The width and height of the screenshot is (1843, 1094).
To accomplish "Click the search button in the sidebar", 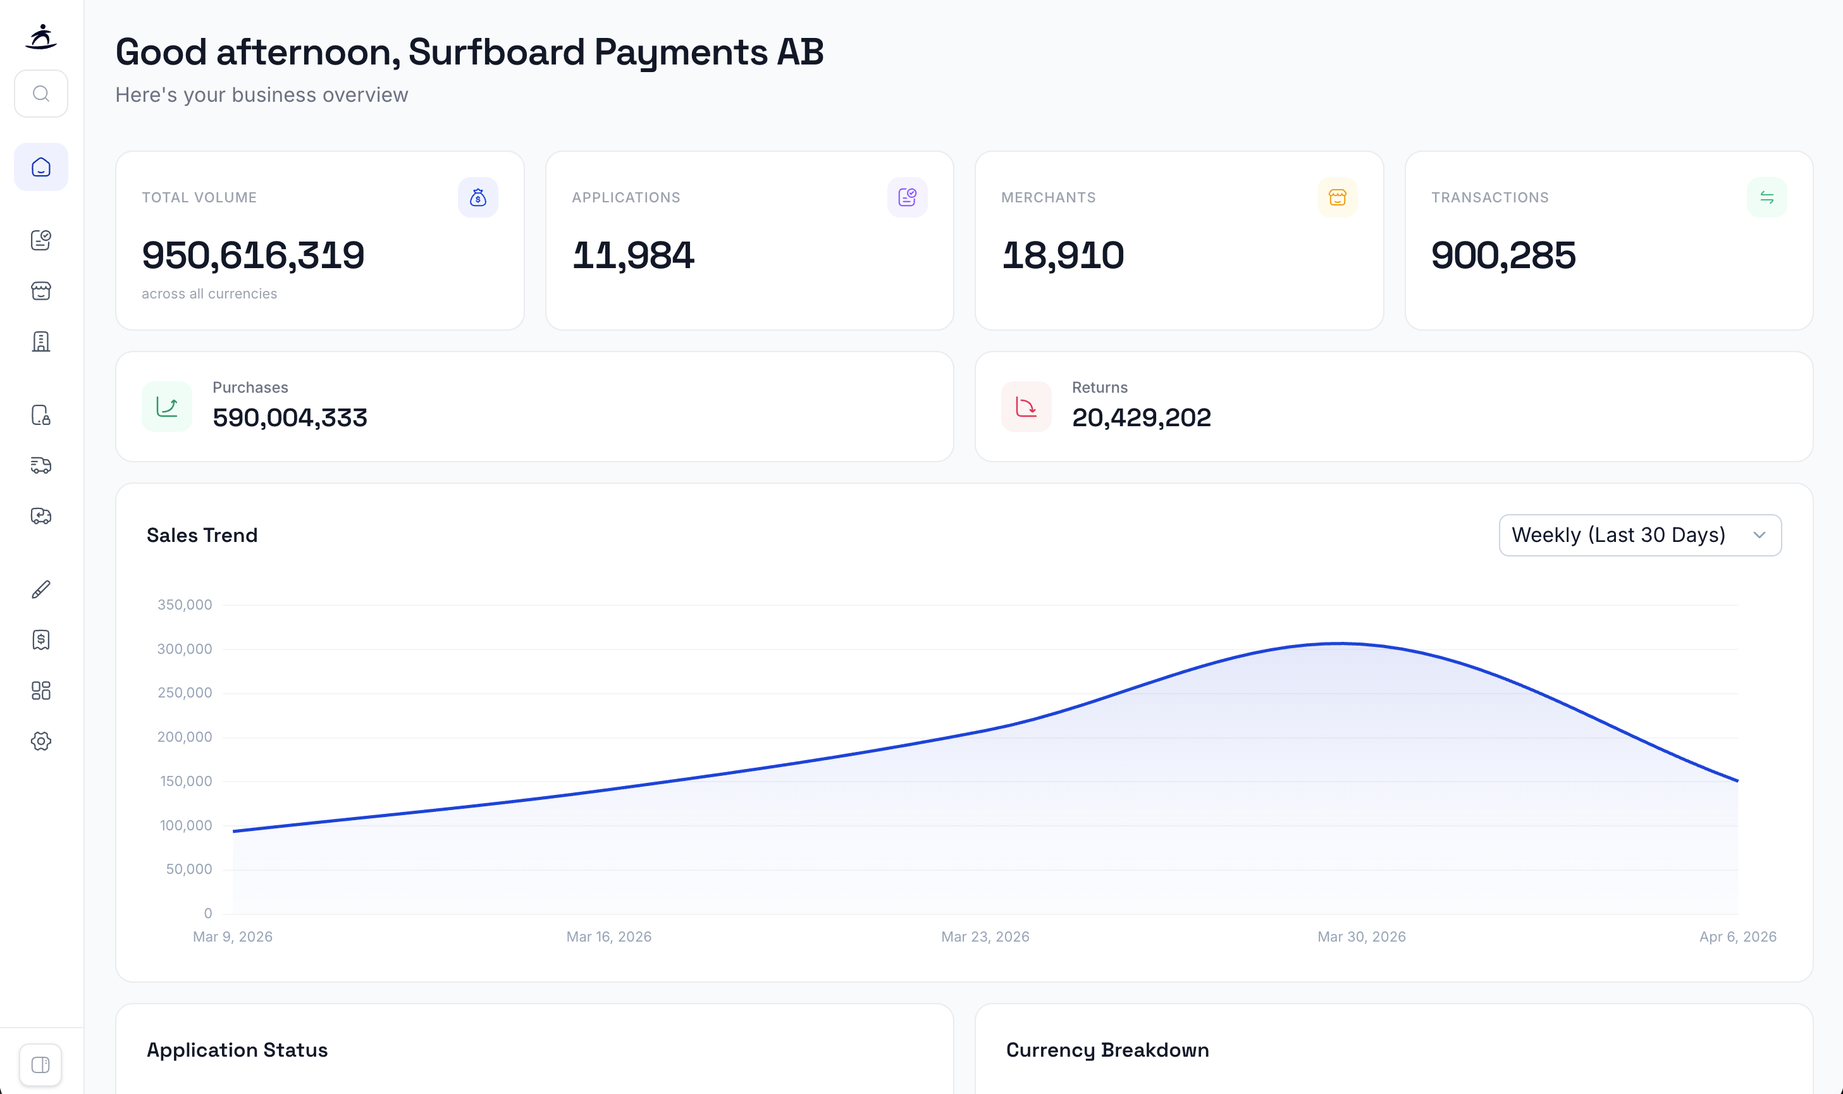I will click(x=41, y=94).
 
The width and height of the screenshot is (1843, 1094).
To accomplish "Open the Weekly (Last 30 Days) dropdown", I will click(x=1639, y=535).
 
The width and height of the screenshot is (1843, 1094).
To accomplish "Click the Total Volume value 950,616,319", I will click(x=253, y=255).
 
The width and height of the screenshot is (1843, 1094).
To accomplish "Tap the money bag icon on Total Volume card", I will click(x=478, y=197).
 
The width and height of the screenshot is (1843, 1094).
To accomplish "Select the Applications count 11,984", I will click(x=632, y=255).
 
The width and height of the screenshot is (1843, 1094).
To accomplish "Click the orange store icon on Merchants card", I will click(x=1336, y=197).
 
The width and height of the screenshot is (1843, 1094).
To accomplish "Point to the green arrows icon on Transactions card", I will click(x=1766, y=197).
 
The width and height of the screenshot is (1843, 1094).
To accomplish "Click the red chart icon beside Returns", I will click(x=1025, y=406).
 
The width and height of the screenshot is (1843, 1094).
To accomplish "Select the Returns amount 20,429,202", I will click(x=1140, y=418).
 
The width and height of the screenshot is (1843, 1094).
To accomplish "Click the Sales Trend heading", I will click(x=202, y=535).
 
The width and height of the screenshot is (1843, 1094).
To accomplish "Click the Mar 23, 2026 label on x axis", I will click(x=985, y=937).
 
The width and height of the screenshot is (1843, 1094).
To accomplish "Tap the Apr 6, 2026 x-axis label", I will click(x=1737, y=937).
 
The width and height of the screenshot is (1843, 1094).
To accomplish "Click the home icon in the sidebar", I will click(x=41, y=168).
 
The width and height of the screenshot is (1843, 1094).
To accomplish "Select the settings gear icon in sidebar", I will click(x=41, y=741).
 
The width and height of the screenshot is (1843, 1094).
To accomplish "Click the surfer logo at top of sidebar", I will click(x=41, y=36).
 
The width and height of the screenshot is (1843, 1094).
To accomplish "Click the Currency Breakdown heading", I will click(x=1107, y=1050).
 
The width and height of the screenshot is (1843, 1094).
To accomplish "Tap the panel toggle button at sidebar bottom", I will click(x=40, y=1064).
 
